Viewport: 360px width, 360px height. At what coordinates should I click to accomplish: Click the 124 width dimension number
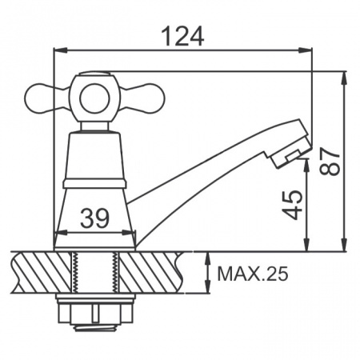click(x=183, y=36)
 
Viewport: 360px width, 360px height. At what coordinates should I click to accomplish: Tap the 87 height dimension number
click(x=330, y=161)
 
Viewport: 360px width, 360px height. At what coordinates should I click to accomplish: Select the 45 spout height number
click(x=293, y=205)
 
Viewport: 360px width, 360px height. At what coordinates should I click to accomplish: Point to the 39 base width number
click(x=95, y=218)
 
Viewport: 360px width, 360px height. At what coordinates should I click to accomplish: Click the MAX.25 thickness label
click(x=253, y=274)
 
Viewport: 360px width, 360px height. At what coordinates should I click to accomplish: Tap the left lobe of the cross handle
click(x=46, y=98)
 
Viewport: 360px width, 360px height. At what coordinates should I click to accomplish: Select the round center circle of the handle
click(x=95, y=99)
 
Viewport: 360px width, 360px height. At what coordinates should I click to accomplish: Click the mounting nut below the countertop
click(x=95, y=310)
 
